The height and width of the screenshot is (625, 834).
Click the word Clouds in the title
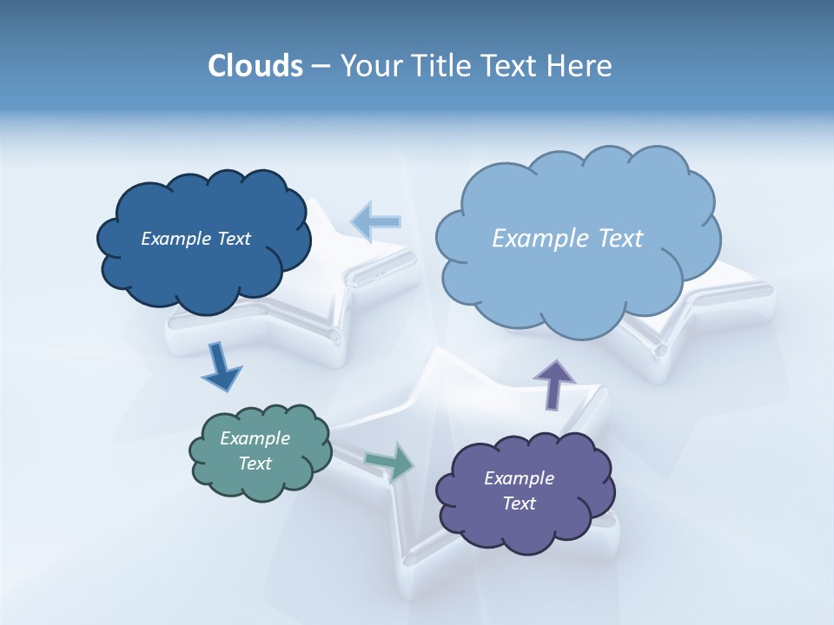(x=255, y=66)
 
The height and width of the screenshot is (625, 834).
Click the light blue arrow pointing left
(x=375, y=221)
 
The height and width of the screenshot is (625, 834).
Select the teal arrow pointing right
(x=390, y=462)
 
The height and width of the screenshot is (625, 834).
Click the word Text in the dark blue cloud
(x=234, y=239)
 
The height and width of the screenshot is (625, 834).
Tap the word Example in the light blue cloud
(x=540, y=239)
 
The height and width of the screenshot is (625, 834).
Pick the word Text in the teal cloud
(x=255, y=464)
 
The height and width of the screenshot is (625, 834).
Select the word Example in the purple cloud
(x=519, y=478)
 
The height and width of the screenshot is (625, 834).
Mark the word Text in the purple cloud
(x=519, y=503)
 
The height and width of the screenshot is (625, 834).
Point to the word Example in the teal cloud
(x=255, y=438)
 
